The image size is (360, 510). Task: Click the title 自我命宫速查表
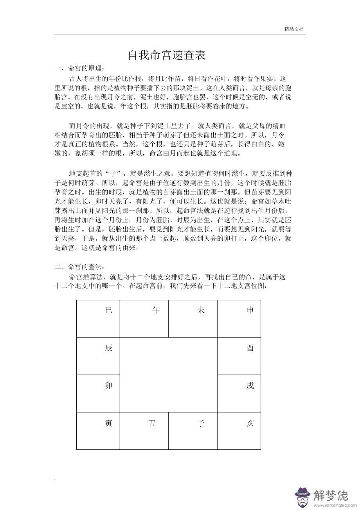tap(167, 55)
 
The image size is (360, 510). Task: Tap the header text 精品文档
tap(294, 29)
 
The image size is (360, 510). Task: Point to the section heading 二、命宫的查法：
tap(79, 267)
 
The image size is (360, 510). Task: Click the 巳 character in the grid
tap(109, 310)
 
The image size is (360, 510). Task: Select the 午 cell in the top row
tap(156, 310)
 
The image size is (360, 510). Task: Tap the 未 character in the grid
tap(201, 310)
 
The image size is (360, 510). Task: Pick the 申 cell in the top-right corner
tap(250, 310)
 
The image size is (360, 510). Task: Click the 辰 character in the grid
tap(109, 348)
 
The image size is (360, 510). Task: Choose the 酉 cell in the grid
tap(250, 348)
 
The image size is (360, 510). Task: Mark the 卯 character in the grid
tap(109, 386)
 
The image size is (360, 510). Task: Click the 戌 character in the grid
tap(250, 386)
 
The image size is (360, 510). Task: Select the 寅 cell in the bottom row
tap(109, 423)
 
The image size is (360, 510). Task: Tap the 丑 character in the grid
tap(152, 423)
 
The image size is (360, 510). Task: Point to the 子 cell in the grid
tap(201, 423)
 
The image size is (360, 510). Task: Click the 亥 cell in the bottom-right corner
tap(250, 423)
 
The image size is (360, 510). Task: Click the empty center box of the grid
tap(168, 375)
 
